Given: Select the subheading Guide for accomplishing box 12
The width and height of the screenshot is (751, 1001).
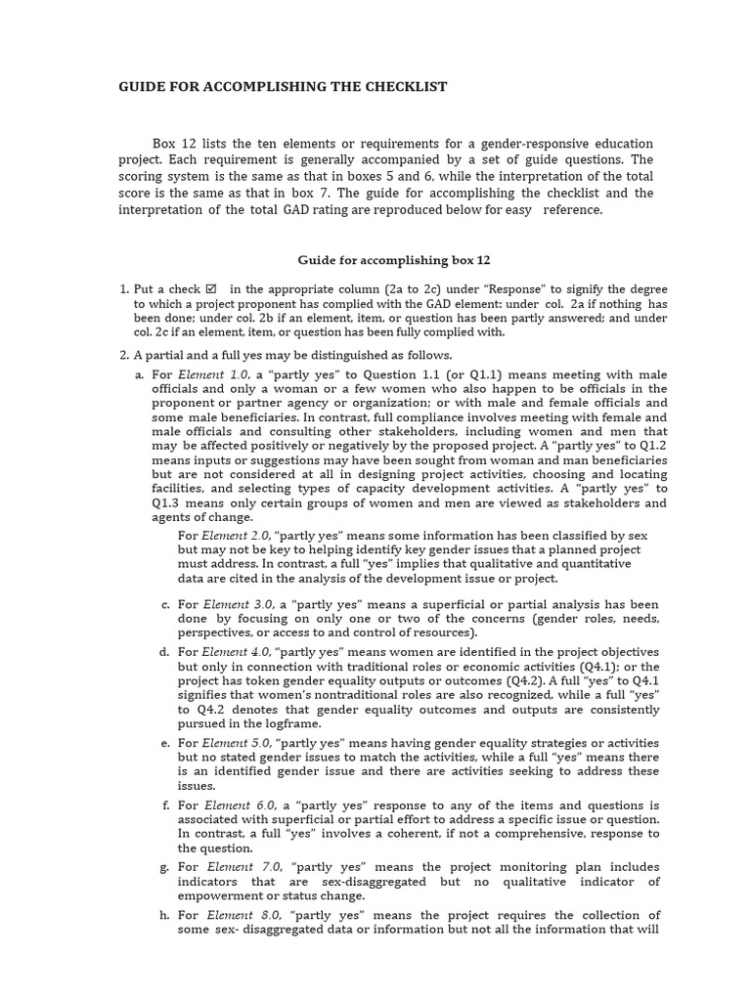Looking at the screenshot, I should point(393,260).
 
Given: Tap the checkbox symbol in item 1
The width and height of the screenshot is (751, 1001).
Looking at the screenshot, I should point(210,289).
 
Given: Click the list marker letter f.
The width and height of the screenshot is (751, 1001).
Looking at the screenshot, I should point(164,805).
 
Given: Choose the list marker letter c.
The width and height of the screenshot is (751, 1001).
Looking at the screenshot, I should point(164,604).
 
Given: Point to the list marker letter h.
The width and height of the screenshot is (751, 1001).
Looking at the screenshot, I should point(164,915).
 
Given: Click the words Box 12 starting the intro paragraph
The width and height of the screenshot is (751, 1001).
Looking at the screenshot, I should point(174,144).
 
